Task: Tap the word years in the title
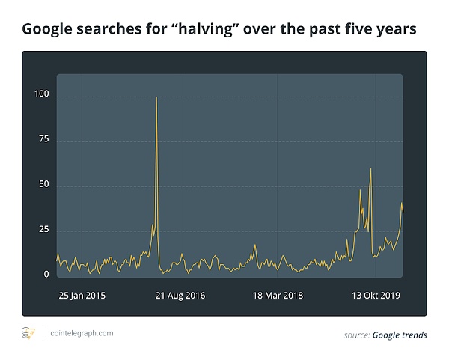[394, 30]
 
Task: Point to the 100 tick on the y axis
[41, 94]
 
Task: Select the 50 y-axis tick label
[43, 184]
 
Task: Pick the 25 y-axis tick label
[43, 229]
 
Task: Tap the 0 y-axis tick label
[46, 275]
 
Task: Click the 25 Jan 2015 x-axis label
[82, 296]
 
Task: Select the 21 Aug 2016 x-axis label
[180, 296]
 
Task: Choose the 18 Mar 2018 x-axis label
[278, 296]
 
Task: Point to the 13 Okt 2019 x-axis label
[376, 296]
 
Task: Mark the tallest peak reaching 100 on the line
[156, 98]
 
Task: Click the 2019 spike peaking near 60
[370, 169]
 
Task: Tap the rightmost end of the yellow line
[403, 211]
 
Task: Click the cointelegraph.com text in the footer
[82, 333]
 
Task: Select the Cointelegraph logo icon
[28, 333]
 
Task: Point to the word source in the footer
[356, 335]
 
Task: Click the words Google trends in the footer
[400, 335]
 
